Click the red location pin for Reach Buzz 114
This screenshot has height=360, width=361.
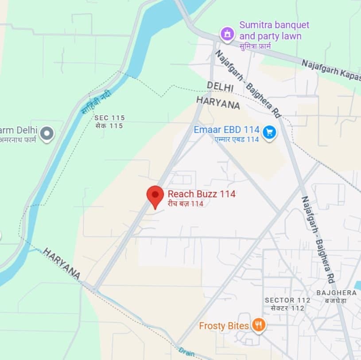[155, 195]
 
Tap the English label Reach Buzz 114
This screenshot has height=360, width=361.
[202, 194]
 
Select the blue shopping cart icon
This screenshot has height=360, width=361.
[269, 132]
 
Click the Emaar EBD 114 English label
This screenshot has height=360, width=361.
[226, 130]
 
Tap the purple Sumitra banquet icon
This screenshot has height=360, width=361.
[227, 33]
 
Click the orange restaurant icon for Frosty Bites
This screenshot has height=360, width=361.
[259, 326]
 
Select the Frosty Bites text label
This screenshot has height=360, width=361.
[224, 326]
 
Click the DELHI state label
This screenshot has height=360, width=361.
[220, 86]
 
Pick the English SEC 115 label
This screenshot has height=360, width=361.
[109, 118]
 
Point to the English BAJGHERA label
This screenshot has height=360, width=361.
[337, 293]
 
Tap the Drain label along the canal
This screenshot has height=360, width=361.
[187, 352]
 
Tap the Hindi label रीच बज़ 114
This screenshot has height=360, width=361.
[185, 204]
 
